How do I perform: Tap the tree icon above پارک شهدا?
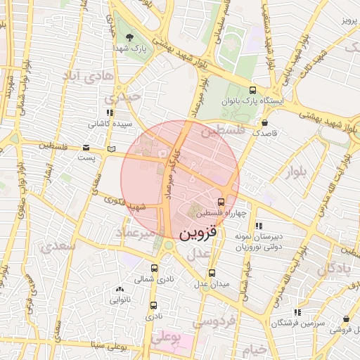click(x=129, y=37)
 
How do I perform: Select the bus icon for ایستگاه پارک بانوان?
click(x=252, y=90)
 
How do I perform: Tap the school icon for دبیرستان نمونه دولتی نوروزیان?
click(x=258, y=226)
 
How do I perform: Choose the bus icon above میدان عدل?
click(x=212, y=273)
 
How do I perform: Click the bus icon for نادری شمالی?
click(x=155, y=269)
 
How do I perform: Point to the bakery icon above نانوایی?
click(x=120, y=288)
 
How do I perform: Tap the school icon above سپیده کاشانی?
click(x=108, y=112)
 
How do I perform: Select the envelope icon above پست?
click(x=85, y=148)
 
